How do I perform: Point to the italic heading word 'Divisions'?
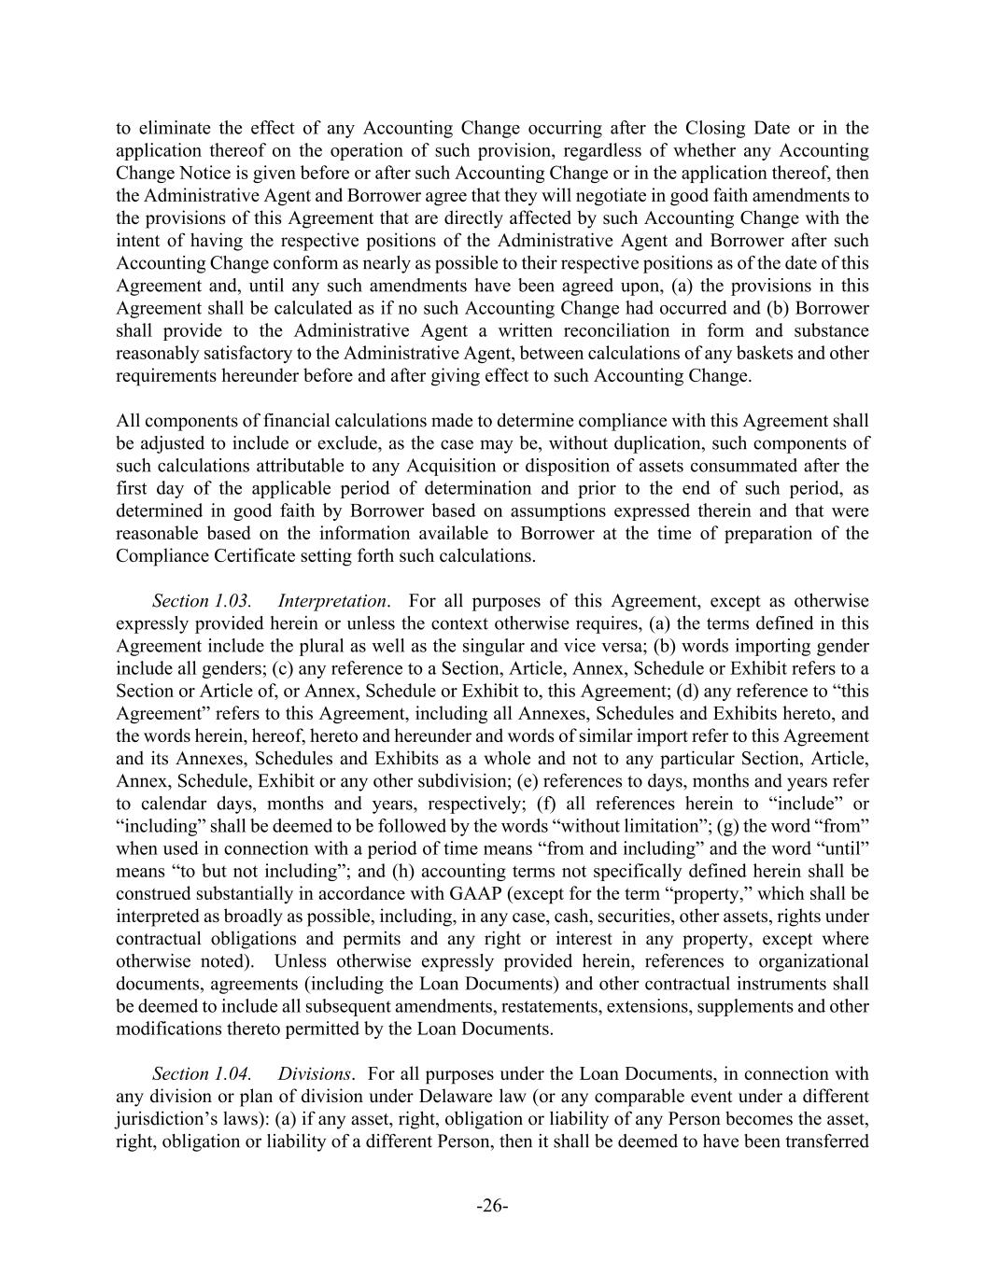tap(315, 1073)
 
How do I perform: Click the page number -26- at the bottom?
tap(492, 1206)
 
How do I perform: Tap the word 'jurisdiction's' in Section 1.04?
tap(169, 1118)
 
